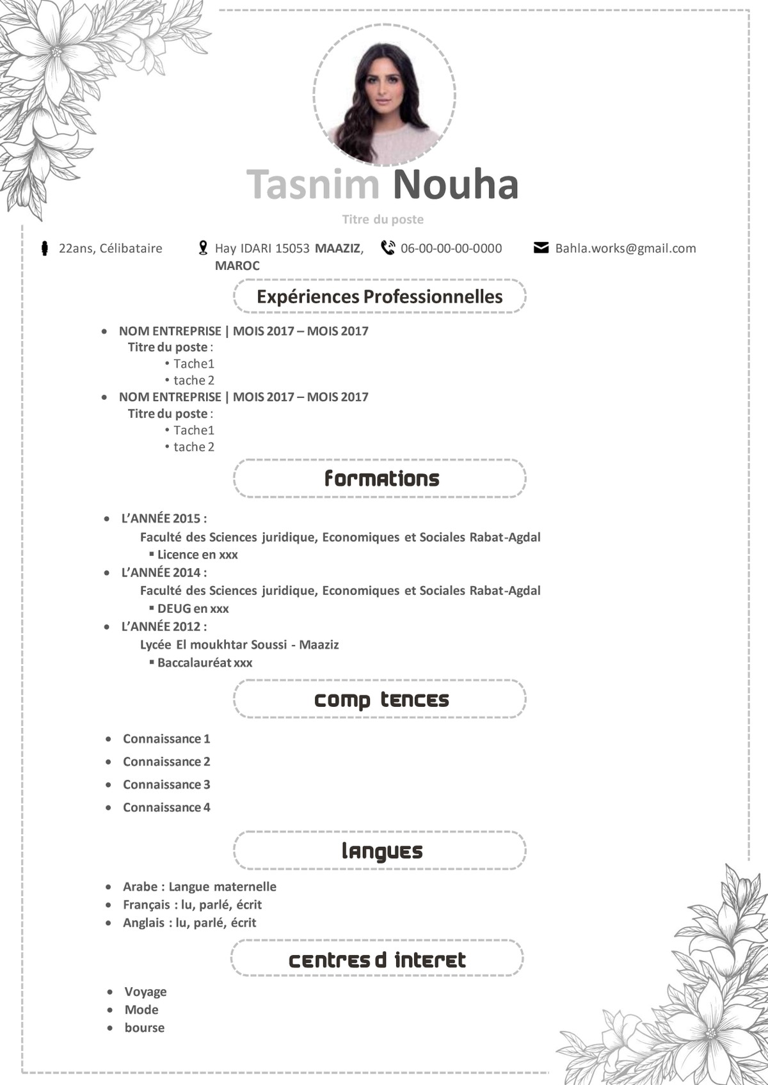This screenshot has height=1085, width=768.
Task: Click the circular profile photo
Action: [x=384, y=95]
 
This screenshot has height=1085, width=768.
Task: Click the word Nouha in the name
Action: [x=455, y=184]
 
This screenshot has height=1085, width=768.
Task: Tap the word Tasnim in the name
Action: [x=314, y=184]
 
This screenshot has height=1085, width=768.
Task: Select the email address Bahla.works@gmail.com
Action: [x=625, y=248]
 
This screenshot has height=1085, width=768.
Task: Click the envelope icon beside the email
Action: [x=541, y=248]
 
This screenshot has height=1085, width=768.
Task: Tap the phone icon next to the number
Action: [x=388, y=248]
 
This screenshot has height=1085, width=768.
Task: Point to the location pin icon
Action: [x=203, y=248]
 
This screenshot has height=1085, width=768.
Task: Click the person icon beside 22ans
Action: [x=44, y=248]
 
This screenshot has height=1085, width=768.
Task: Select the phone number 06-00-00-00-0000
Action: [x=451, y=248]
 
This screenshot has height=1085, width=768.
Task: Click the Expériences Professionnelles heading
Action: [x=380, y=297]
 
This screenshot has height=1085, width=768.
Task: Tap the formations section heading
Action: [x=381, y=479]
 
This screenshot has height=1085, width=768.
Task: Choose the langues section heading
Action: [x=381, y=851]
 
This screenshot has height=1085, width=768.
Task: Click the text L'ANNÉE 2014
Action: [x=164, y=573]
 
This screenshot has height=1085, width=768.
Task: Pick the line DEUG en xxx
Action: [x=193, y=608]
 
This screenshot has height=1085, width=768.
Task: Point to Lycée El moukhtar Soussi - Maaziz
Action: [x=239, y=644]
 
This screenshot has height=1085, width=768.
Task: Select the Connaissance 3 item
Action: [x=166, y=784]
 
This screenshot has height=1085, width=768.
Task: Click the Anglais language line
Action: [x=189, y=923]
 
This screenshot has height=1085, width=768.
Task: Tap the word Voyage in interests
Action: [x=145, y=992]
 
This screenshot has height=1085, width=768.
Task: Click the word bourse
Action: [x=145, y=1027]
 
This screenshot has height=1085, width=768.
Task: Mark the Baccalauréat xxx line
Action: [x=205, y=663]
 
